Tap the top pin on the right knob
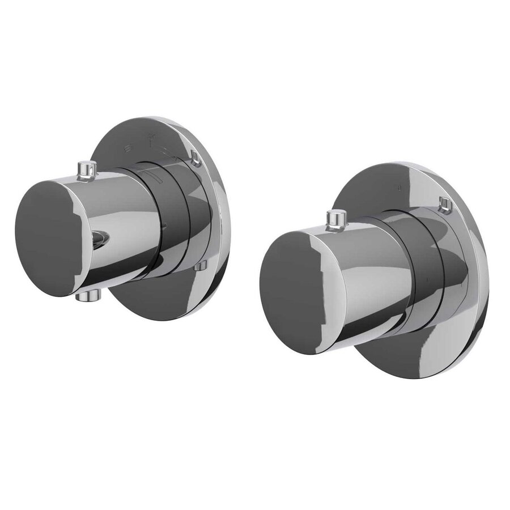pos(338,218)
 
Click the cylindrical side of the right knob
pos(363,283)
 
